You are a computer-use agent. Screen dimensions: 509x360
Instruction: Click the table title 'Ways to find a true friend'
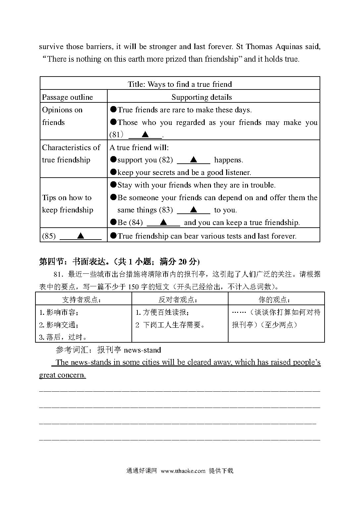tap(180, 84)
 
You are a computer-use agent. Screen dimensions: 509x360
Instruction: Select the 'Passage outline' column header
tap(67, 97)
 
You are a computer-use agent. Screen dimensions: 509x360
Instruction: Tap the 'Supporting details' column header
tap(201, 97)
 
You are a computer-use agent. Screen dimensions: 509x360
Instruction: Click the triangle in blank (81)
tap(145, 135)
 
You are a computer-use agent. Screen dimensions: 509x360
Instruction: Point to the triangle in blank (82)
tap(194, 160)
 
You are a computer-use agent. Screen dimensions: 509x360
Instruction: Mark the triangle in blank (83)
tap(194, 210)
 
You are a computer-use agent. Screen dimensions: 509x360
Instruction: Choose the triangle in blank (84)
tap(163, 222)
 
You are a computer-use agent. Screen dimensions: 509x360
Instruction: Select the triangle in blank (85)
tap(80, 236)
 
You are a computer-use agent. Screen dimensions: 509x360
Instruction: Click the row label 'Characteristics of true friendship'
tap(71, 154)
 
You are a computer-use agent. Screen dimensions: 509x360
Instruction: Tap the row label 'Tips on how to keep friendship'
tap(67, 204)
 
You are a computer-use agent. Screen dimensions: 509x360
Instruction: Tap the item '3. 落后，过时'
tap(63, 337)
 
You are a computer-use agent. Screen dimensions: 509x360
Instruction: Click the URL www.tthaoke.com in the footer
tap(183, 471)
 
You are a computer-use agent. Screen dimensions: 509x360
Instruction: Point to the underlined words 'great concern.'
tap(63, 375)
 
